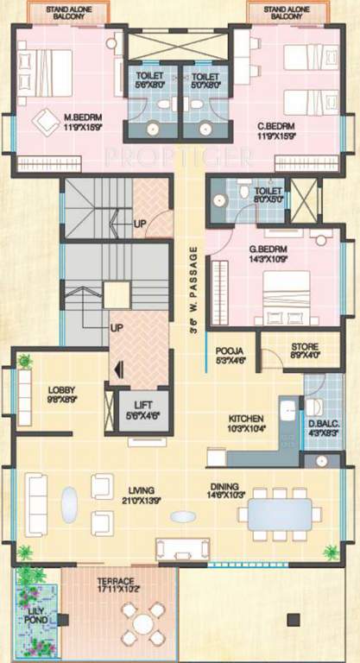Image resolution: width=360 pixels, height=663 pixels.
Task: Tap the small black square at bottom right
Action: pos(293,618)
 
